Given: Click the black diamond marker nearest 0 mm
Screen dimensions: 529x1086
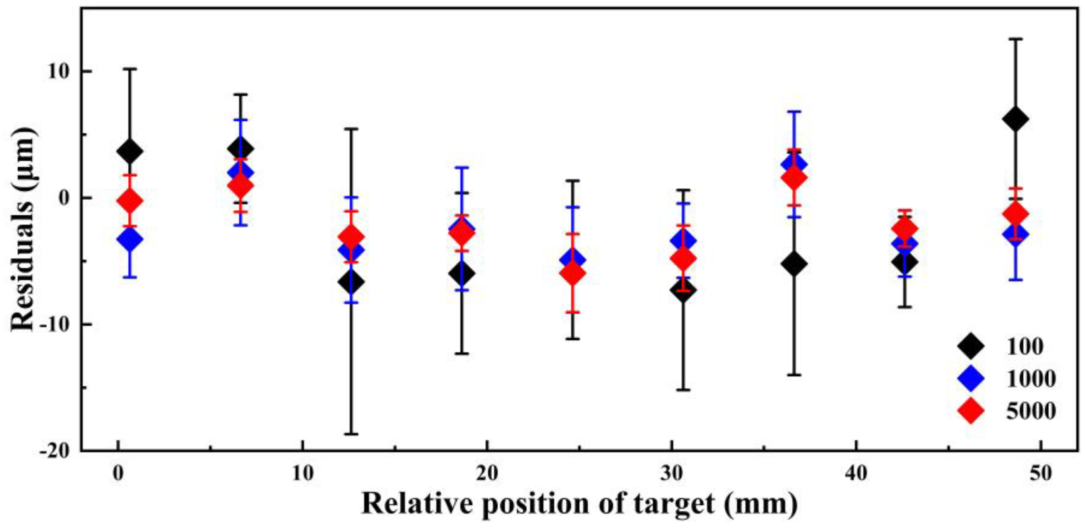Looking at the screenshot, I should (130, 151).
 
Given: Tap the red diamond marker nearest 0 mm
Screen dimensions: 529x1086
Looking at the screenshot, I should (130, 201).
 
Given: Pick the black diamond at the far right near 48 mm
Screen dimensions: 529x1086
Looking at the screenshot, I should (1015, 119).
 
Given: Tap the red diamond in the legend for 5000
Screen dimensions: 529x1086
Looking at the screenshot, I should (971, 410).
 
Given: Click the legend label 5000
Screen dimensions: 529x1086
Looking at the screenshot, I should (1030, 410).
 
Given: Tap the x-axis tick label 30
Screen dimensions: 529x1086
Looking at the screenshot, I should (672, 473).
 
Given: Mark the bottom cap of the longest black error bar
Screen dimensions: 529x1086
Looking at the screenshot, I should (351, 434).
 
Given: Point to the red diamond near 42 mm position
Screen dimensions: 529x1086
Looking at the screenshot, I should (905, 229).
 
